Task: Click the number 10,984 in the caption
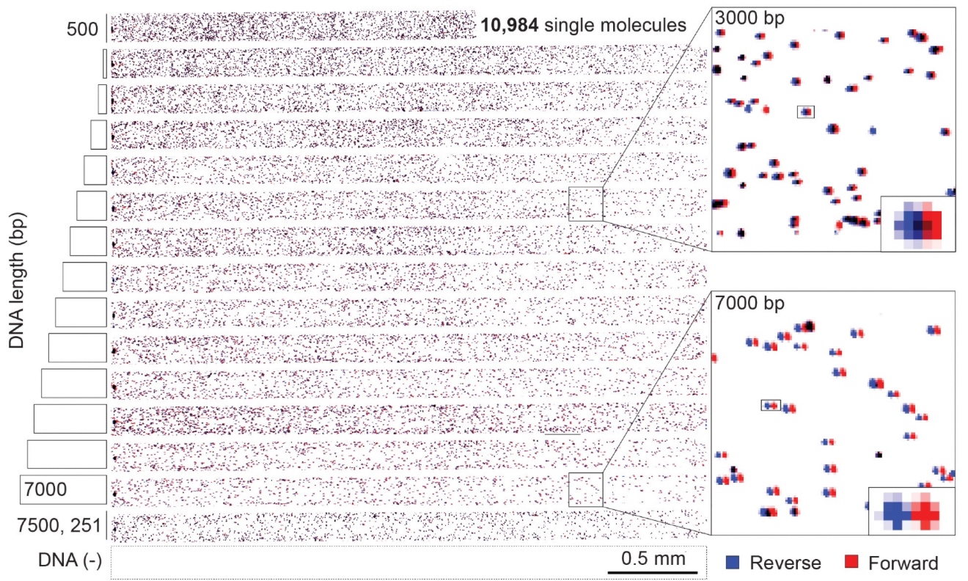pyautogui.click(x=508, y=26)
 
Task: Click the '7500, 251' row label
pyautogui.click(x=59, y=527)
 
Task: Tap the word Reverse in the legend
pyautogui.click(x=785, y=563)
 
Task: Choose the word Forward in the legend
pyautogui.click(x=902, y=563)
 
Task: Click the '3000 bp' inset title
pyautogui.click(x=750, y=17)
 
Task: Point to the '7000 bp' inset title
pyautogui.click(x=750, y=302)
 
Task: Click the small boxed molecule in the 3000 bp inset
pyautogui.click(x=806, y=112)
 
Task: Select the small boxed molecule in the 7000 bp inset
pyautogui.click(x=771, y=405)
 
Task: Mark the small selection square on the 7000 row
pyautogui.click(x=585, y=489)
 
